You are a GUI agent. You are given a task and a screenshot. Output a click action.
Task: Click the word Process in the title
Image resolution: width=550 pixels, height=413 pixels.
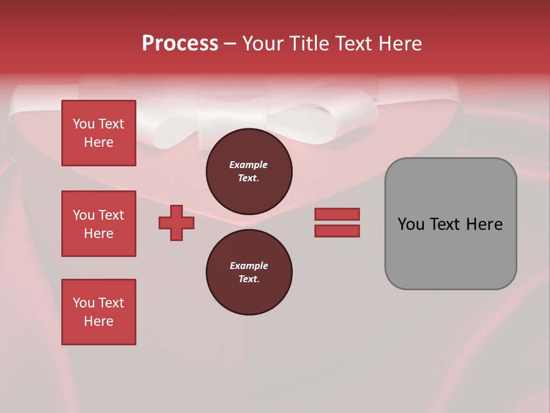click(180, 43)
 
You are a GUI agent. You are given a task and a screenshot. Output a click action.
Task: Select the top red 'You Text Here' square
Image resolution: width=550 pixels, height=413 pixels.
click(99, 133)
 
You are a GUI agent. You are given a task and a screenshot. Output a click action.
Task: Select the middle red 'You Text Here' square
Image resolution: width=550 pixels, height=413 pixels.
click(99, 224)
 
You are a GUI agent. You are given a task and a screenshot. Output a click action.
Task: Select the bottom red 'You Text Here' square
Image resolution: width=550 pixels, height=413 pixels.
click(99, 312)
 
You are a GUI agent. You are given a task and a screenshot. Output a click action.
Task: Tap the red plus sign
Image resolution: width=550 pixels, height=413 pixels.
click(176, 223)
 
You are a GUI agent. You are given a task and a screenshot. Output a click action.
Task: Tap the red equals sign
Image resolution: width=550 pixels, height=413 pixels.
click(337, 223)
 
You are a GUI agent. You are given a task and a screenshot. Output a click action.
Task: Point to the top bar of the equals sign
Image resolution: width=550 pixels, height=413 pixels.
click(337, 214)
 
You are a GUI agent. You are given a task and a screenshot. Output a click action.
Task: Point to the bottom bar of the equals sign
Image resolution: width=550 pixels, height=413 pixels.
click(337, 231)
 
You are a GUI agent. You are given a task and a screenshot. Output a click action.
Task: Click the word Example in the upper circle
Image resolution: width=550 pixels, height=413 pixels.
click(248, 165)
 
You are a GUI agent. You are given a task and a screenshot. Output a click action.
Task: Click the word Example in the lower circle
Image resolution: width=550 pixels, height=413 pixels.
click(249, 266)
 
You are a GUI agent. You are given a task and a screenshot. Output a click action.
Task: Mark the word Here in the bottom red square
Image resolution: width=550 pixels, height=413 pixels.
click(99, 321)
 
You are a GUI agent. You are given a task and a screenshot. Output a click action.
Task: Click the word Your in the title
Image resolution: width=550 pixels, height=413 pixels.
click(263, 43)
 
